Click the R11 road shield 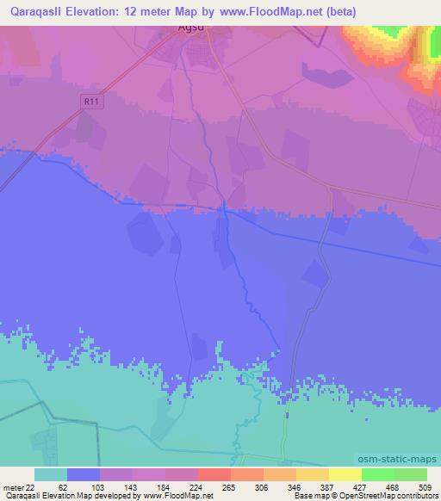(90, 102)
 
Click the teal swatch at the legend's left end (51, 474)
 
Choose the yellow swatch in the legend (345, 474)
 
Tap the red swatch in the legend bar (214, 474)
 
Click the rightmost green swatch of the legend (411, 474)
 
